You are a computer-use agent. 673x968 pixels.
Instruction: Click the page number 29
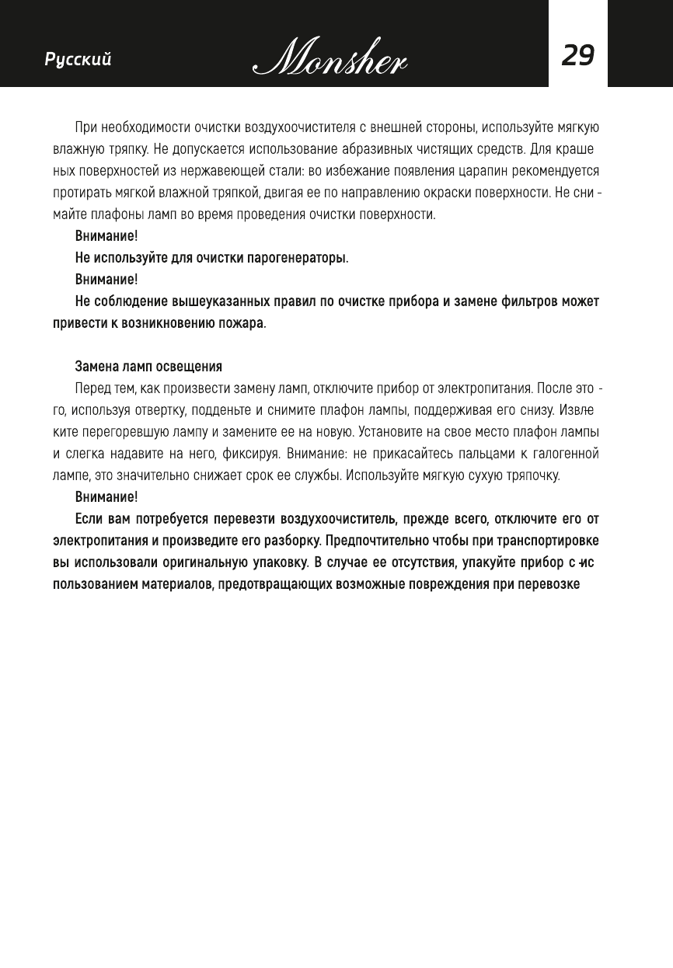pos(577,56)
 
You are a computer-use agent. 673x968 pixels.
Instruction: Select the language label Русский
pos(78,60)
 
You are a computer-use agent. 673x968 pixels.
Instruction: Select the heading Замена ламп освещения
pos(148,366)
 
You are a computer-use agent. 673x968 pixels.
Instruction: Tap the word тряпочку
pos(530,475)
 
